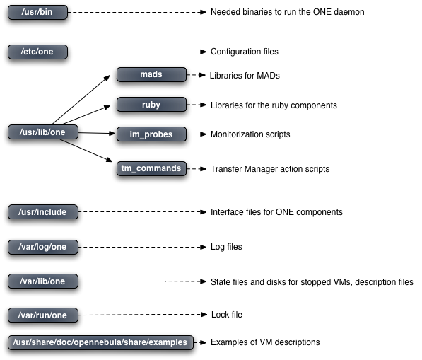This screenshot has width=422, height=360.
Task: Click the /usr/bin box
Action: [37, 12]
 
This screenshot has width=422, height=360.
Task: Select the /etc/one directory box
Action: [37, 52]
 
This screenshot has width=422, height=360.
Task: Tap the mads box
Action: [151, 74]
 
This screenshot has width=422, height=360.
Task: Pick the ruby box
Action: [151, 105]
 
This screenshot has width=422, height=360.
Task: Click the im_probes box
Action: [151, 134]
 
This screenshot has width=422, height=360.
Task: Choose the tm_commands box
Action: [151, 168]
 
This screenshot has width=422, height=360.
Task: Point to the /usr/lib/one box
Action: [43, 132]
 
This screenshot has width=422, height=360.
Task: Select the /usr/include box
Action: [43, 212]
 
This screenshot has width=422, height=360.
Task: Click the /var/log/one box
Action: [43, 247]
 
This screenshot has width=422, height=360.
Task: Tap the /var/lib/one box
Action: [43, 281]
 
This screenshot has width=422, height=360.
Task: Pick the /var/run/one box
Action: [43, 315]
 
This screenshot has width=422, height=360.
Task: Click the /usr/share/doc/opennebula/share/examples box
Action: [100, 342]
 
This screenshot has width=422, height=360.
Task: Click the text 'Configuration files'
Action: [245, 52]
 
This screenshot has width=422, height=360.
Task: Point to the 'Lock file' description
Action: [227, 315]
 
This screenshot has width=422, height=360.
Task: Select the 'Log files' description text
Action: [226, 247]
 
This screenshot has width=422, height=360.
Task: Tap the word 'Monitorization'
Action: [233, 134]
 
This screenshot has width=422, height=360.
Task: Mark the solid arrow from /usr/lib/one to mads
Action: [81, 100]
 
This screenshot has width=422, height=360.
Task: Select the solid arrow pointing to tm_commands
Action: [86, 151]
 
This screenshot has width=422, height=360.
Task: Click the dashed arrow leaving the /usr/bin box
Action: [137, 12]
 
